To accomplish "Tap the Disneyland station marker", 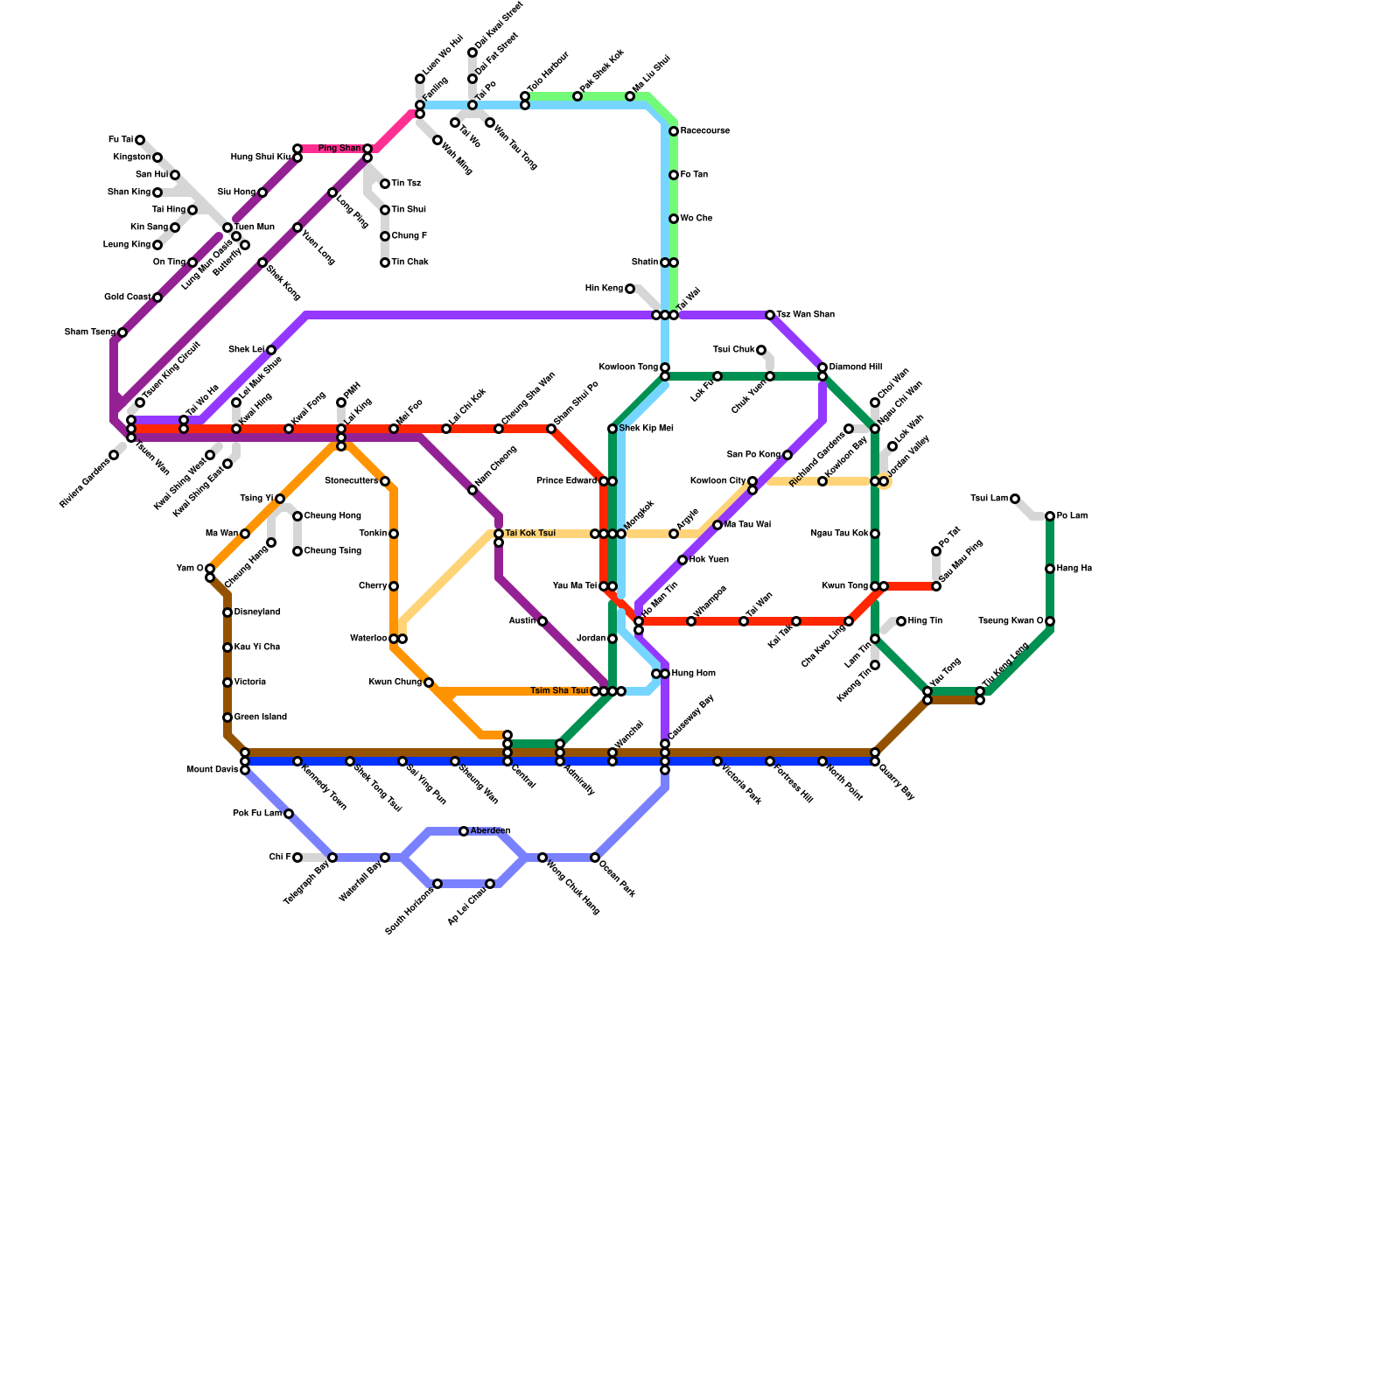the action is (227, 612).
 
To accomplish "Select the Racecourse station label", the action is (704, 131).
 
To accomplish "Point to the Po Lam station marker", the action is (1050, 516).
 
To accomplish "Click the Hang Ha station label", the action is (1074, 569).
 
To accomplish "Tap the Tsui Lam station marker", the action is (1015, 499).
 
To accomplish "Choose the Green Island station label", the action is (260, 717).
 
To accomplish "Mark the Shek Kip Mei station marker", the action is (612, 429).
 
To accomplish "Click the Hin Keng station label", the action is (604, 289).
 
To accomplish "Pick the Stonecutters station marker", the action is (385, 481).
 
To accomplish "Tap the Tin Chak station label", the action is (409, 262).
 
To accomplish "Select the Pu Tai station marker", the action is (140, 140).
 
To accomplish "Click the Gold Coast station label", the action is (127, 297).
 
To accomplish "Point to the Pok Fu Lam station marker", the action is (289, 814).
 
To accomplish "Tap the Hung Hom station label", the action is (693, 674).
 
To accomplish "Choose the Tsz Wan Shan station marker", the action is (770, 315).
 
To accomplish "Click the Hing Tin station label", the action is (925, 621).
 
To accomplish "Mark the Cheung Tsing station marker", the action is (297, 551).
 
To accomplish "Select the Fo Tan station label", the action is (694, 175).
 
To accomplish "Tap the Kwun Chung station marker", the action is (429, 682).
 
